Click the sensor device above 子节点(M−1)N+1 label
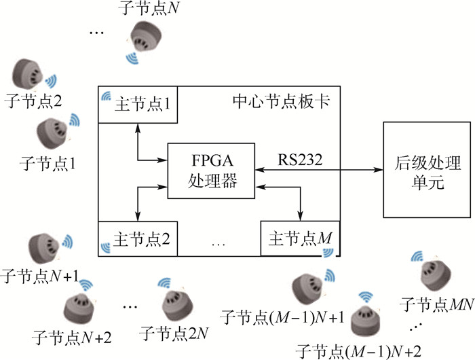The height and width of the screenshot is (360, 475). (x=307, y=288)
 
